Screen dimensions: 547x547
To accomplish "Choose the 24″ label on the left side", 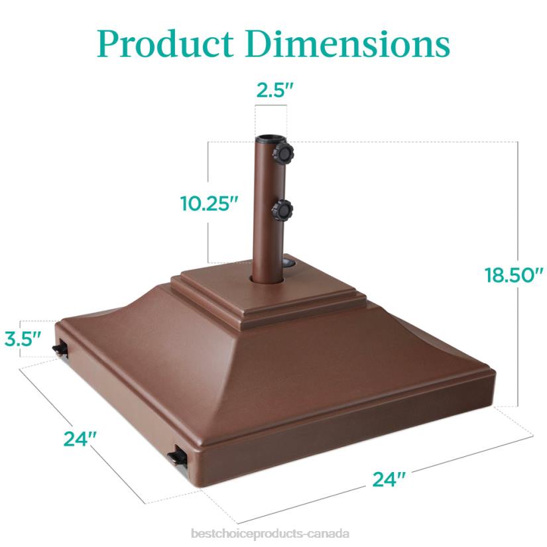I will [81, 438].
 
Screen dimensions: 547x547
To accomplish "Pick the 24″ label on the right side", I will [389, 478].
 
